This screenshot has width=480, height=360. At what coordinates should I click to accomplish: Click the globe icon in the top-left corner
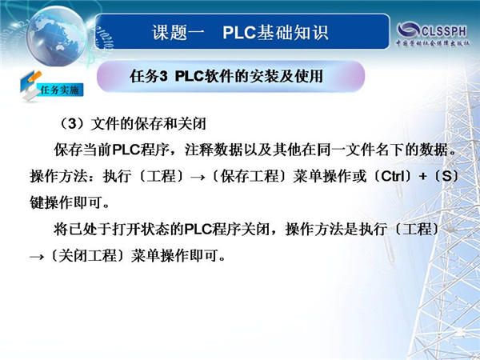tap(57, 36)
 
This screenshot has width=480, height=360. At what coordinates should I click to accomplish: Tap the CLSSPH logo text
tap(444, 31)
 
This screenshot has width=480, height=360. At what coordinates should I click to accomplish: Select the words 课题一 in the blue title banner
tap(178, 33)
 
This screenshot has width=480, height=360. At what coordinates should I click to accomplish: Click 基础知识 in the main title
tap(293, 33)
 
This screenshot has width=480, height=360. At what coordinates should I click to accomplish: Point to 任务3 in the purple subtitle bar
tap(149, 76)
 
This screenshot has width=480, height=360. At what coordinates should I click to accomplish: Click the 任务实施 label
tap(59, 90)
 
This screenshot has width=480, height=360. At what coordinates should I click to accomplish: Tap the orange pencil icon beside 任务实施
tap(34, 77)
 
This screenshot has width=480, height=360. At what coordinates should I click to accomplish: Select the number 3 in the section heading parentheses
tap(72, 124)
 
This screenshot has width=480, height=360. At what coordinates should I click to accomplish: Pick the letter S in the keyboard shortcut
tap(446, 176)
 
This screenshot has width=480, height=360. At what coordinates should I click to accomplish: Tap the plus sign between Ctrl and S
tap(423, 177)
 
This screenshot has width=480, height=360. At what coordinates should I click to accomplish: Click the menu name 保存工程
tap(250, 176)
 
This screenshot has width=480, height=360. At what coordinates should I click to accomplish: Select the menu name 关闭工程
tap(87, 256)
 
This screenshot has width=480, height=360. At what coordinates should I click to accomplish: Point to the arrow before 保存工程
tap(198, 178)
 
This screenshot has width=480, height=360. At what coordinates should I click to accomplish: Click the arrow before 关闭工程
tap(37, 257)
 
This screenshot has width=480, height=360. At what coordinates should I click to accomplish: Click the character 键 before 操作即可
tap(37, 202)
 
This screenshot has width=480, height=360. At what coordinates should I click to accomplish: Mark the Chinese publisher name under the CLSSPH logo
tap(432, 43)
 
